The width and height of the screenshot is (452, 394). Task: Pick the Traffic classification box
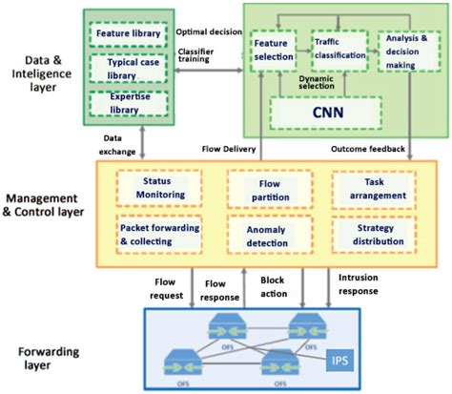pyautogui.click(x=339, y=47)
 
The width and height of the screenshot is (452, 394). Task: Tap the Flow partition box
pyautogui.click(x=268, y=188)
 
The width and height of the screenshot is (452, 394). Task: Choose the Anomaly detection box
pyautogui.click(x=268, y=235)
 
